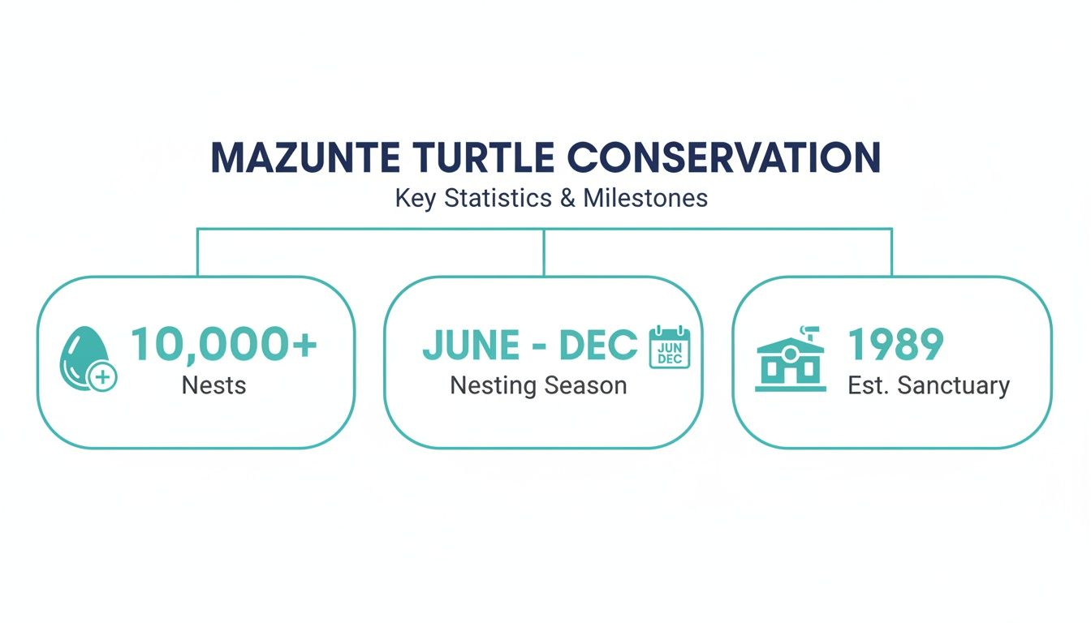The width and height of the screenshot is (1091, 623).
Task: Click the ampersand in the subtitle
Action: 568,198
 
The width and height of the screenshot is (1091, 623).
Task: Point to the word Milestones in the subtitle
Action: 645,198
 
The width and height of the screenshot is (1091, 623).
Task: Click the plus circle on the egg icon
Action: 103,377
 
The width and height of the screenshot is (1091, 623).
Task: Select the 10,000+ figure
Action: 223,345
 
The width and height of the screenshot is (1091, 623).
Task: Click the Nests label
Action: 213,385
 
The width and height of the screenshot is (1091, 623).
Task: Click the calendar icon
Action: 669,347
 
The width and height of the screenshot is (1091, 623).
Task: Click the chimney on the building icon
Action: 809,332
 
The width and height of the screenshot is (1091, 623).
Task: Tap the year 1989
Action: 895,345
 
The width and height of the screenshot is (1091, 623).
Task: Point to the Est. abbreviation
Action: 867,385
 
